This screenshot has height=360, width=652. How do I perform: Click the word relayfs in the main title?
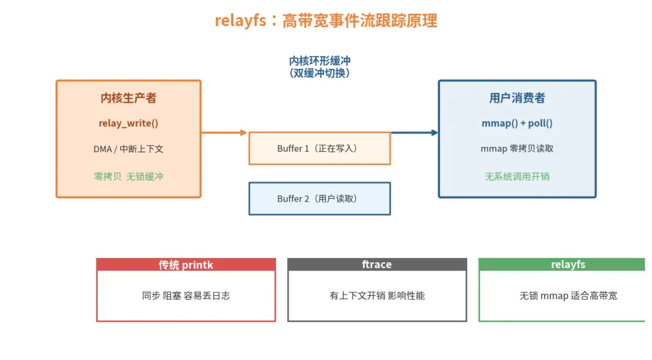click(x=240, y=21)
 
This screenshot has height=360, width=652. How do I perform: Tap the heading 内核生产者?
click(x=129, y=98)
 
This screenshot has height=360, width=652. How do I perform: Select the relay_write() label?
click(x=129, y=123)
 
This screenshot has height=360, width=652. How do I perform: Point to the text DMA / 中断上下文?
click(x=129, y=149)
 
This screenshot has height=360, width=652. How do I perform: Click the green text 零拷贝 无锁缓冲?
click(x=129, y=176)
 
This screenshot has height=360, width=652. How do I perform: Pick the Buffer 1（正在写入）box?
click(x=320, y=149)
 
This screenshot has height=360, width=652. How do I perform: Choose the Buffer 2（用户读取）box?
click(x=320, y=199)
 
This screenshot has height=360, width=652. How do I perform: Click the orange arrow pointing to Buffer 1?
click(x=224, y=133)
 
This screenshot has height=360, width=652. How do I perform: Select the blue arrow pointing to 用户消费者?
click(x=415, y=133)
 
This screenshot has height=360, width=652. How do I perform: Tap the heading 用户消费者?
click(x=517, y=98)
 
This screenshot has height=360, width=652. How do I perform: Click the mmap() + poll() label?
click(x=517, y=123)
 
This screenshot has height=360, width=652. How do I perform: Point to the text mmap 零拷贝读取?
click(x=517, y=149)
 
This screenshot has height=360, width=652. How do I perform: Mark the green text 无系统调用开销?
click(x=517, y=176)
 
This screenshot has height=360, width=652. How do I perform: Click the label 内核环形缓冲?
click(x=320, y=61)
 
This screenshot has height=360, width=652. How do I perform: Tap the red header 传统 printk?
click(x=186, y=265)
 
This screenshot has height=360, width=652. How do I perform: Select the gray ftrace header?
click(x=377, y=265)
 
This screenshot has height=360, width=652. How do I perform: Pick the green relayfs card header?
click(x=562, y=265)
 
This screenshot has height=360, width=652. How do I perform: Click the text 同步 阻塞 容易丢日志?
click(x=186, y=295)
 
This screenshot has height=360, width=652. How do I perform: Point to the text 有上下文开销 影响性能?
click(x=377, y=295)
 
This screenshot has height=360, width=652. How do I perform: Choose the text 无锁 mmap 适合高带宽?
click(x=568, y=295)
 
